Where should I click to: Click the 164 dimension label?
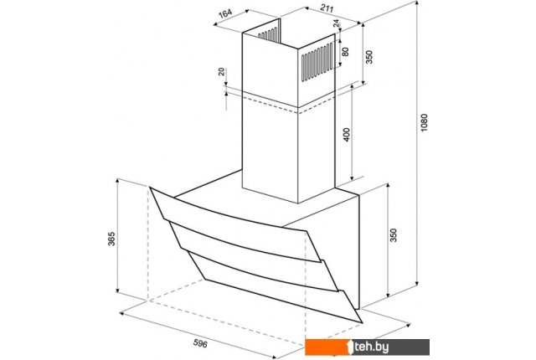(225, 13)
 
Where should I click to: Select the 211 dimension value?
(327, 8)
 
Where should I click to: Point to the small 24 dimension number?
(337, 23)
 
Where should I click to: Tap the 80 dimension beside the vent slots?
(345, 52)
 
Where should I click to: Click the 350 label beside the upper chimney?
(369, 57)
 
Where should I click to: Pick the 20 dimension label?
(221, 72)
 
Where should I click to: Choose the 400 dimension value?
(346, 135)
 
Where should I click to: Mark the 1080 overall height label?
(424, 123)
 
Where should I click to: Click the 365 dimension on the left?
(111, 239)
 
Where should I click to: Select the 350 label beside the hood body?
(394, 235)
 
